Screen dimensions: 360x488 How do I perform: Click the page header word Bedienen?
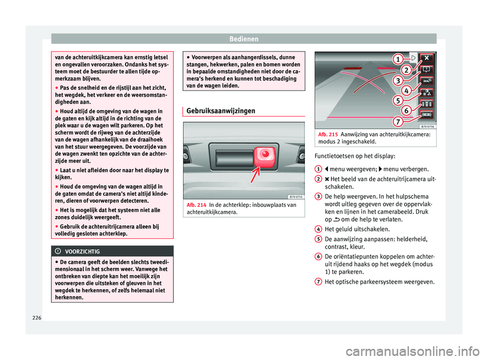(x=243, y=38)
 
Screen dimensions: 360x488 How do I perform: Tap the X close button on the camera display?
(x=426, y=58)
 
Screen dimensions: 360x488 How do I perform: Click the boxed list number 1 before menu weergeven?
(x=317, y=168)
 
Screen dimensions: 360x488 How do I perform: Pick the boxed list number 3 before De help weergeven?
(x=317, y=196)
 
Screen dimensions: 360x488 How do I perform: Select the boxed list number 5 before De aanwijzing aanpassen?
(x=317, y=238)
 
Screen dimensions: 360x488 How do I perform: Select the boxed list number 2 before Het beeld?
(x=317, y=177)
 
